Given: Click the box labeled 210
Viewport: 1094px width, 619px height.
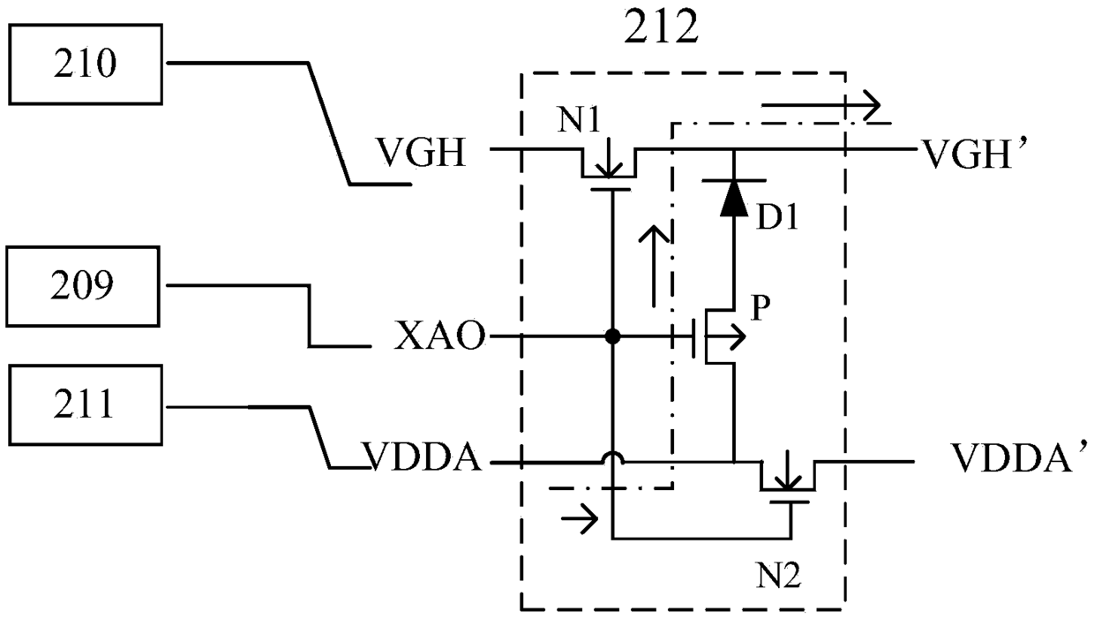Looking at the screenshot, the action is (86, 64).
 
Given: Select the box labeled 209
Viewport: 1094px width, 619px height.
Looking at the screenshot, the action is (83, 286).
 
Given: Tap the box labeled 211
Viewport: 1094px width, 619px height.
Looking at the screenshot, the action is (86, 404).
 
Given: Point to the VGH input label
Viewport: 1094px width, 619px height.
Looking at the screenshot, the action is (421, 153).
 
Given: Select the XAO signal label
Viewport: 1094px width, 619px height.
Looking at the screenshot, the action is (439, 336).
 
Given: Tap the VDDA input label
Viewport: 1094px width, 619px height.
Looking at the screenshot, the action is (422, 457).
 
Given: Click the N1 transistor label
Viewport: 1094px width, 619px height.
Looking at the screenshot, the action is (580, 120).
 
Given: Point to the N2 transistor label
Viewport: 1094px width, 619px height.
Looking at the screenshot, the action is (779, 575).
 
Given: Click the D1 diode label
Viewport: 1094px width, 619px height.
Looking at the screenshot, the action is (777, 216).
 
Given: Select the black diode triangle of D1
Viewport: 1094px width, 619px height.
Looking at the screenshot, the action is (733, 198).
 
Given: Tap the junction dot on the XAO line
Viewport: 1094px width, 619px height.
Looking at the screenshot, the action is (612, 336).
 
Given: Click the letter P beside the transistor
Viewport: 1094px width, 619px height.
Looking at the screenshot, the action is (761, 307).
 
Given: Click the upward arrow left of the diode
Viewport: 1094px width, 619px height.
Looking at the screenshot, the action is (654, 267).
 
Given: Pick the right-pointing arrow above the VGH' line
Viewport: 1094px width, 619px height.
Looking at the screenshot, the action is (820, 104).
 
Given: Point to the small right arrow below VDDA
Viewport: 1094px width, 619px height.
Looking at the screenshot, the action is (580, 517).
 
